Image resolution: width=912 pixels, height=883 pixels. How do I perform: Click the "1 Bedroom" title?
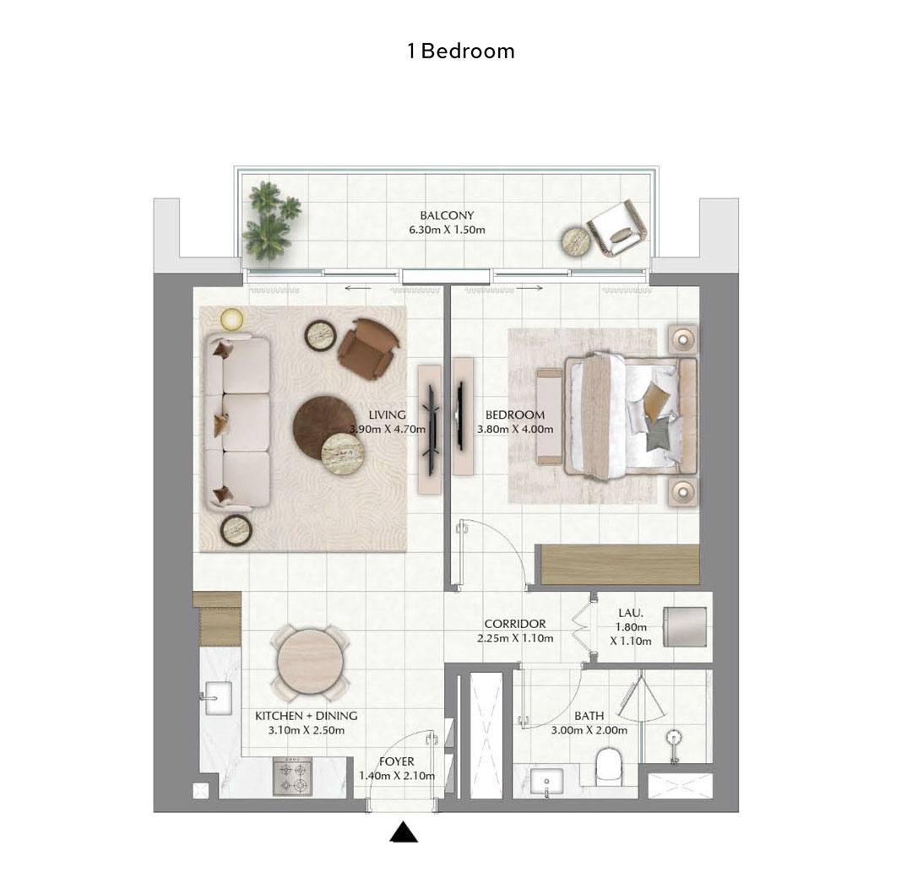[461, 51]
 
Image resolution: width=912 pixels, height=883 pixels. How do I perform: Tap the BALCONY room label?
[447, 215]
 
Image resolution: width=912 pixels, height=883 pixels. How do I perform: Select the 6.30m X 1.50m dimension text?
[447, 230]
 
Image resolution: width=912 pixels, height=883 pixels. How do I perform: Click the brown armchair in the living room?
[367, 348]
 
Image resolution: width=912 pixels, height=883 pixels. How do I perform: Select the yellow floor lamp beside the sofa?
[231, 319]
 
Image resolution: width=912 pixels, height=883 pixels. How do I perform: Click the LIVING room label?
[387, 415]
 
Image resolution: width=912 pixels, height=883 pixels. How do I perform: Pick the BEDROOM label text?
[515, 415]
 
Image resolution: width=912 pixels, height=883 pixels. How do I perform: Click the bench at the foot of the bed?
[549, 417]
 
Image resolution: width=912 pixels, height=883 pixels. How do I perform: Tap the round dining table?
[310, 662]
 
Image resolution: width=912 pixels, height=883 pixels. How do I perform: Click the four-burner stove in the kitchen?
[292, 776]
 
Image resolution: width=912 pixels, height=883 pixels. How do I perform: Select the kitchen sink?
[218, 698]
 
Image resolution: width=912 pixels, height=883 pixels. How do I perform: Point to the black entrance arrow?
[404, 832]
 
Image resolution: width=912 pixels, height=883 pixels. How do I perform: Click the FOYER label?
[397, 761]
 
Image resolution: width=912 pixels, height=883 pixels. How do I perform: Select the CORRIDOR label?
[515, 624]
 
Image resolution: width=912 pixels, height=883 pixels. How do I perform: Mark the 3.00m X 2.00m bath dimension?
[589, 730]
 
